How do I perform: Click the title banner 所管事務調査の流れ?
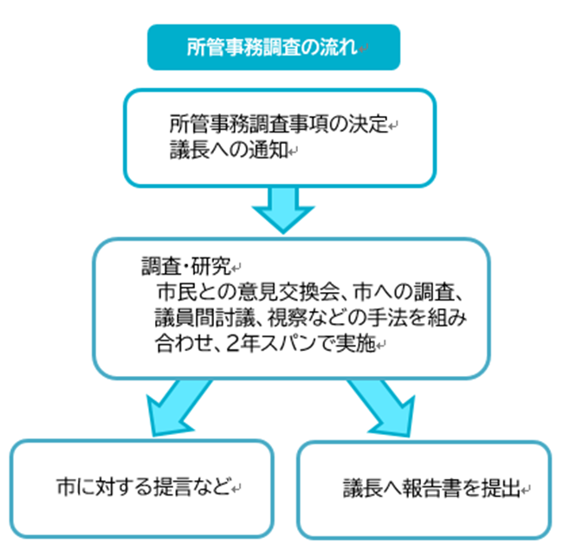tap(274, 47)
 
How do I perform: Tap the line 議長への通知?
tap(228, 149)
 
